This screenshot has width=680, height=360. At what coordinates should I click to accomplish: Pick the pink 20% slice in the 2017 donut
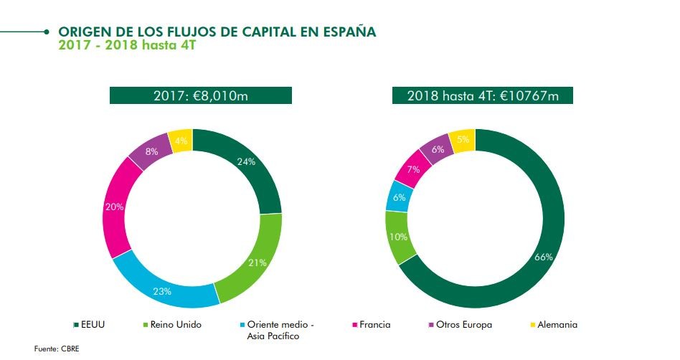115,207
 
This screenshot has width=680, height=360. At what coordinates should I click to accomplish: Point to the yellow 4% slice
180,141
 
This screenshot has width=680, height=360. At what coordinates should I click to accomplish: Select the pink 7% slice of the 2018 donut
412,171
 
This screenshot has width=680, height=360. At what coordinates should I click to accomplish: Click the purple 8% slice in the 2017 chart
151,151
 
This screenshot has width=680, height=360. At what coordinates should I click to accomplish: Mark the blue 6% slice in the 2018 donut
399,196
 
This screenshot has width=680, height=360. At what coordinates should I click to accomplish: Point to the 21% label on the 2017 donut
258,262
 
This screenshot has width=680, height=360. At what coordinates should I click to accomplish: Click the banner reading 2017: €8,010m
201,96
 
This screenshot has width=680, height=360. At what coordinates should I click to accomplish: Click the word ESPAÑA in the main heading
346,32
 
